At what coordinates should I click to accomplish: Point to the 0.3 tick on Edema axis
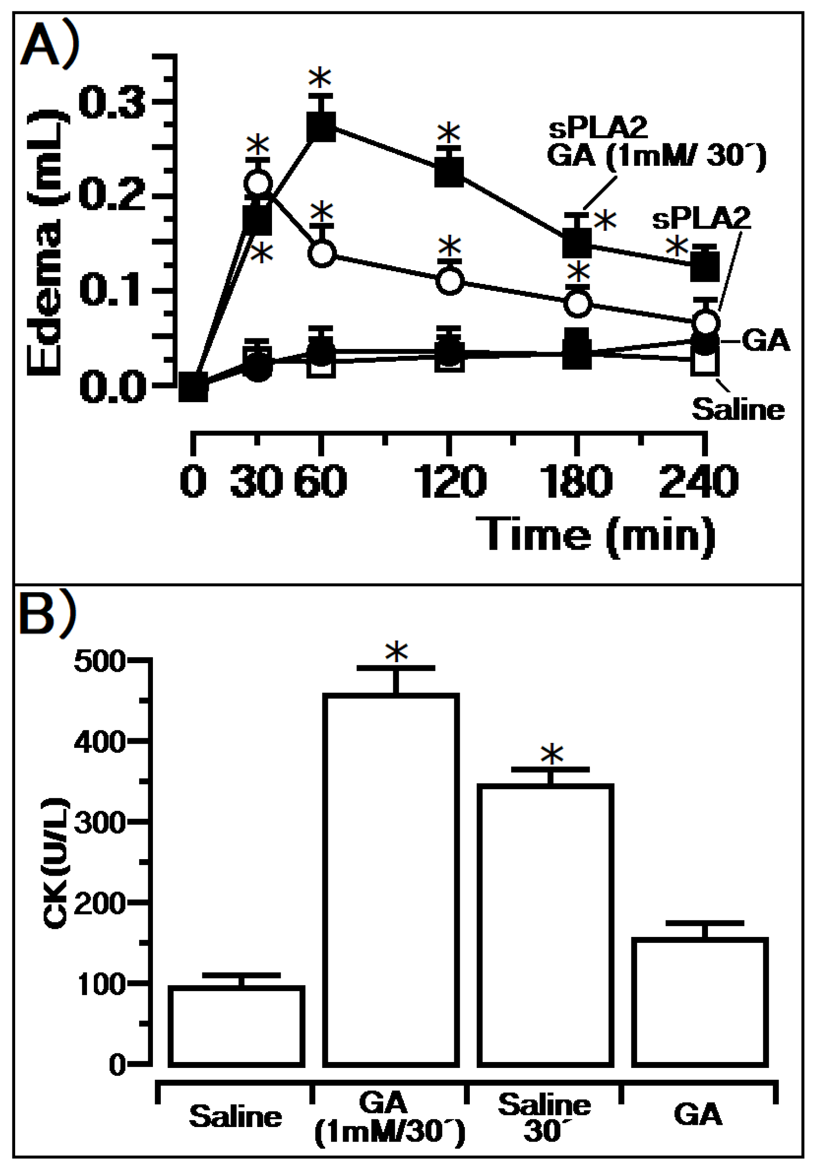tap(112, 103)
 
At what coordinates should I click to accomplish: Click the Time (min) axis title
tap(595, 535)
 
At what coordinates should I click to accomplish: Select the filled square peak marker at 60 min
tap(321, 126)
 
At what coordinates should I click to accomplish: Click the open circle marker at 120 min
tap(449, 281)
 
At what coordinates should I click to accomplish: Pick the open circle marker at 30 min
tap(258, 183)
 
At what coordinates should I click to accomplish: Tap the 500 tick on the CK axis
tap(99, 663)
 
